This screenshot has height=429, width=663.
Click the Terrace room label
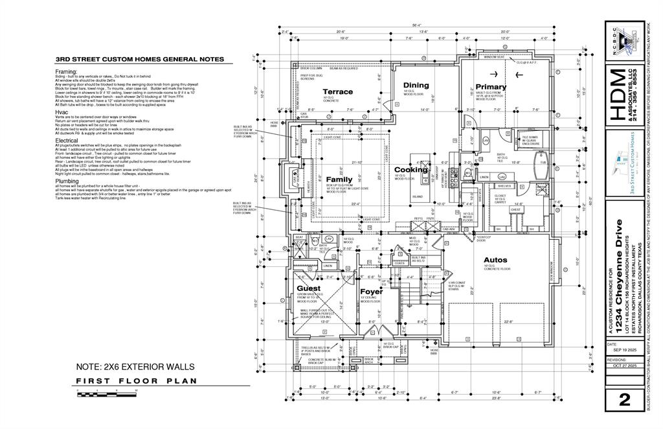(x=338, y=92)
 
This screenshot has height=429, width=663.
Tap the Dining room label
(x=416, y=86)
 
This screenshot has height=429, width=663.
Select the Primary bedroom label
(x=491, y=87)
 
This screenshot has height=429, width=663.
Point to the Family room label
(x=339, y=180)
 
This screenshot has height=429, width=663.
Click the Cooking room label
(x=411, y=170)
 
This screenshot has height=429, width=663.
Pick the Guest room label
(x=309, y=288)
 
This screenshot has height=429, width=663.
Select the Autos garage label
(x=497, y=260)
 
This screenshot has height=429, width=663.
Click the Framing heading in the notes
(x=67, y=71)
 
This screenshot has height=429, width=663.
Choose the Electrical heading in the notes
(x=67, y=140)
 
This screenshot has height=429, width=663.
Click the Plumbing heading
(x=67, y=181)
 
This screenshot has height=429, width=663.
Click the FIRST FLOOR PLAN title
(x=136, y=381)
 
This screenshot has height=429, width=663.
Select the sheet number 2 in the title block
(x=624, y=400)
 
